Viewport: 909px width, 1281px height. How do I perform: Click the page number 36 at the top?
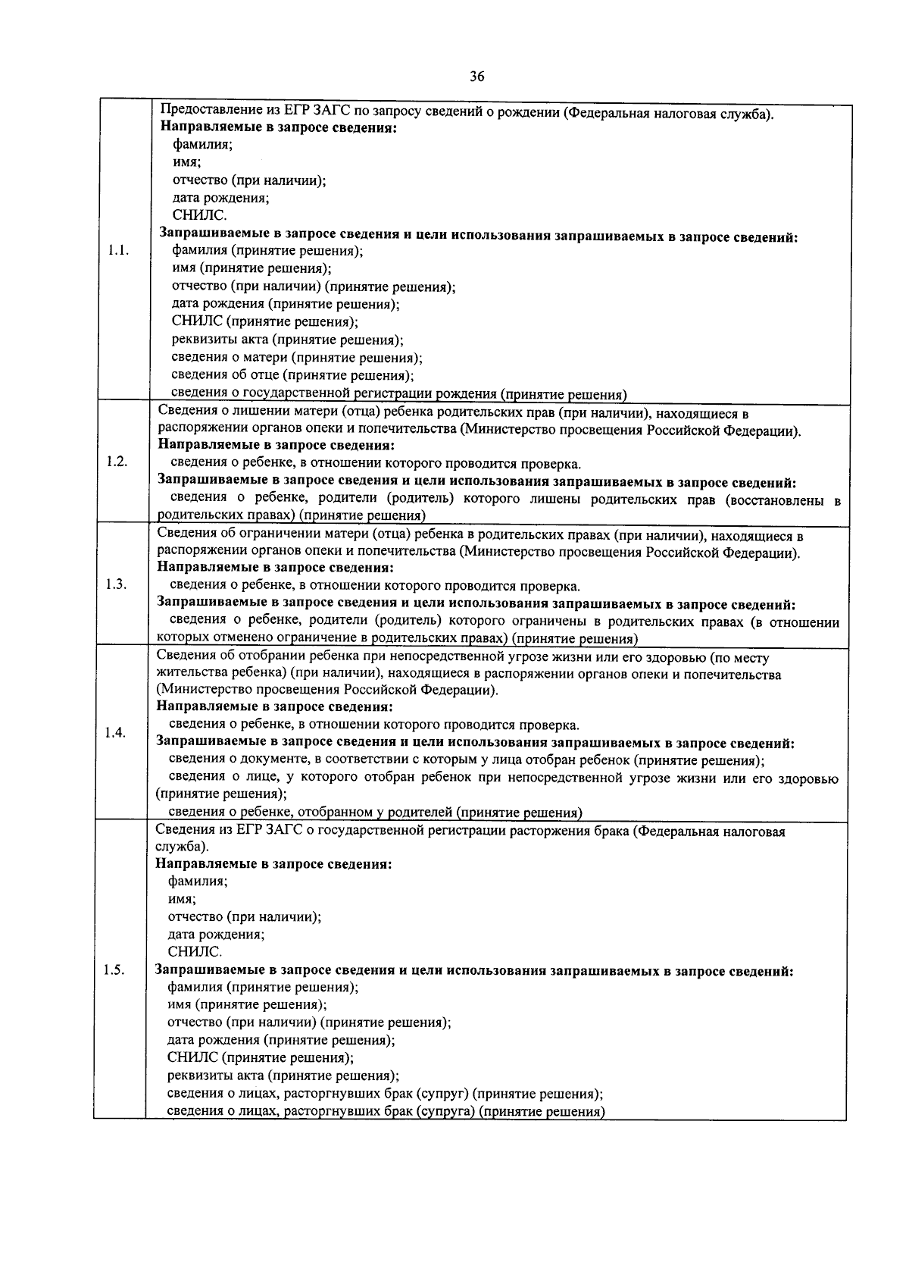tap(476, 76)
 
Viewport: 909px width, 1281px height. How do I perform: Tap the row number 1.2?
tap(117, 462)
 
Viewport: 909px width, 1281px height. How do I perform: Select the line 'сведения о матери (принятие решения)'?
tap(296, 358)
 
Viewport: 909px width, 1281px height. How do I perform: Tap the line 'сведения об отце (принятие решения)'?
tap(292, 375)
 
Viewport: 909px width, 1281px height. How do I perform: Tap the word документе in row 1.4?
tap(267, 760)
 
